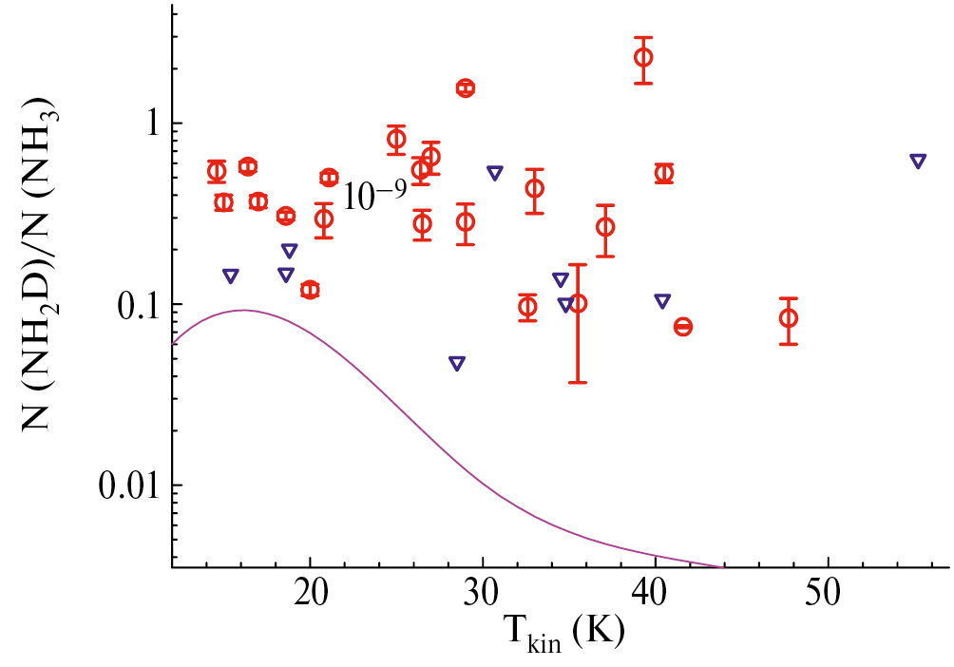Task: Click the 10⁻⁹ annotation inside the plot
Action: tap(374, 195)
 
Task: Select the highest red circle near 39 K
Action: tap(643, 57)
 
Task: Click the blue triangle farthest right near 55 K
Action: tap(918, 161)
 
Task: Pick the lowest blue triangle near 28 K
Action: tap(457, 363)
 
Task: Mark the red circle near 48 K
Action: tap(788, 317)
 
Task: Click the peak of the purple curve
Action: tap(244, 310)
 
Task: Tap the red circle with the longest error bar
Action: tap(577, 303)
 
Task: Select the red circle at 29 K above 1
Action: tap(465, 87)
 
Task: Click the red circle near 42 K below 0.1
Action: tap(682, 327)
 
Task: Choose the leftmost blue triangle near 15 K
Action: tap(230, 276)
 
